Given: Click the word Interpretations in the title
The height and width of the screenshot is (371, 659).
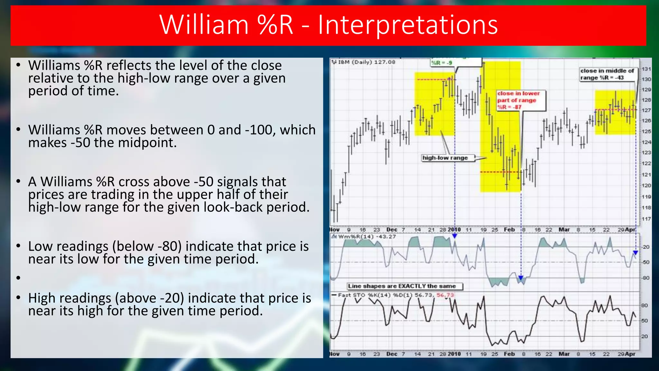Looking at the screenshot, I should pyautogui.click(x=408, y=25).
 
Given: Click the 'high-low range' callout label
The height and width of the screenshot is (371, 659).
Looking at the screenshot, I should pyautogui.click(x=445, y=158).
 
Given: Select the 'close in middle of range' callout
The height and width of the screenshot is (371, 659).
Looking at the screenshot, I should pyautogui.click(x=607, y=74).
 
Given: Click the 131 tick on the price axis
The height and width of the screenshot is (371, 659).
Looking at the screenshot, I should pyautogui.click(x=646, y=69).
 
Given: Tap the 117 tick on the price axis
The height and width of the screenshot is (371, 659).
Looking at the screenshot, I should pyautogui.click(x=646, y=219).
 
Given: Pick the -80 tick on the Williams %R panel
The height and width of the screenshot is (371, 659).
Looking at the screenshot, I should pyautogui.click(x=645, y=278).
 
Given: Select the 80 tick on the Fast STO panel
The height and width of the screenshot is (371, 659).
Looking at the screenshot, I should pyautogui.click(x=645, y=305).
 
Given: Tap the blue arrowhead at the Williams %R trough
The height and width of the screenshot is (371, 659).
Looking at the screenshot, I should pyautogui.click(x=521, y=278).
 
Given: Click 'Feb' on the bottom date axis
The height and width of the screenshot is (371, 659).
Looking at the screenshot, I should pyautogui.click(x=509, y=354).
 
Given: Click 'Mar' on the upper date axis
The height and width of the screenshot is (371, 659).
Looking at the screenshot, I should pyautogui.click(x=564, y=230).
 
